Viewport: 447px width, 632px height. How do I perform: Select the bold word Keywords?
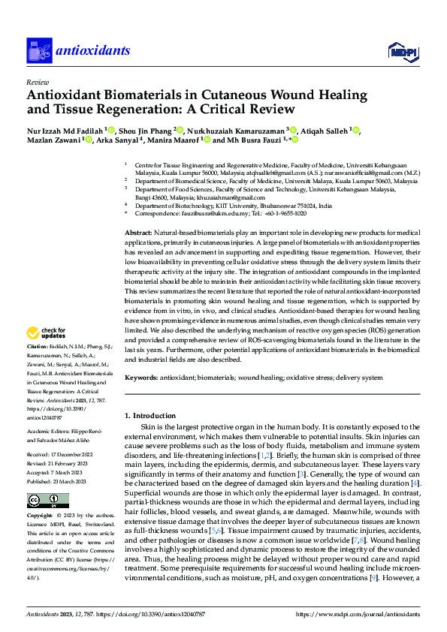[x=141, y=378]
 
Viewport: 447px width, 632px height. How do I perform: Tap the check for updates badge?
[x=49, y=333]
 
